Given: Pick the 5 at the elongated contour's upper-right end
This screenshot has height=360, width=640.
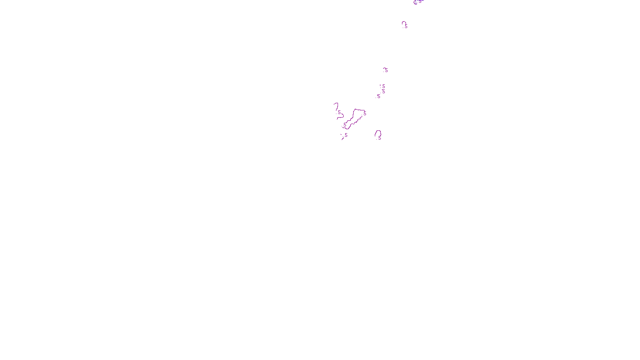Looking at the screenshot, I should [x=365, y=113].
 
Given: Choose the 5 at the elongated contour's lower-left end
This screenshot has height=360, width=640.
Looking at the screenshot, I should [x=345, y=125].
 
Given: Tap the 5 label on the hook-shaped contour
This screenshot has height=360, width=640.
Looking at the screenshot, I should [x=339, y=112].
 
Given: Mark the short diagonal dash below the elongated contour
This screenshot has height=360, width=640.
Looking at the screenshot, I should [x=343, y=138].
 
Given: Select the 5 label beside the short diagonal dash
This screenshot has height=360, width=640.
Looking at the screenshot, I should [x=346, y=135].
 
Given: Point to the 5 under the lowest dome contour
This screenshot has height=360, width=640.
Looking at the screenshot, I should [x=380, y=138].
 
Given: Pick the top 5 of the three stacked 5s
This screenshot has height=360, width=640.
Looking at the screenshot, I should [x=384, y=86].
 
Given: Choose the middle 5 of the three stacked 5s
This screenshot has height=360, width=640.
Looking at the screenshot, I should [x=384, y=91].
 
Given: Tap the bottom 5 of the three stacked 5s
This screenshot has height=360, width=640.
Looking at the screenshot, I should [x=379, y=96].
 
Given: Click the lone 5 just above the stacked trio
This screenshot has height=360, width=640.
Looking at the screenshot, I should [x=386, y=70].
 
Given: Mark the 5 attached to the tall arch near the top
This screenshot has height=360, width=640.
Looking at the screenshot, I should [x=406, y=26].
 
